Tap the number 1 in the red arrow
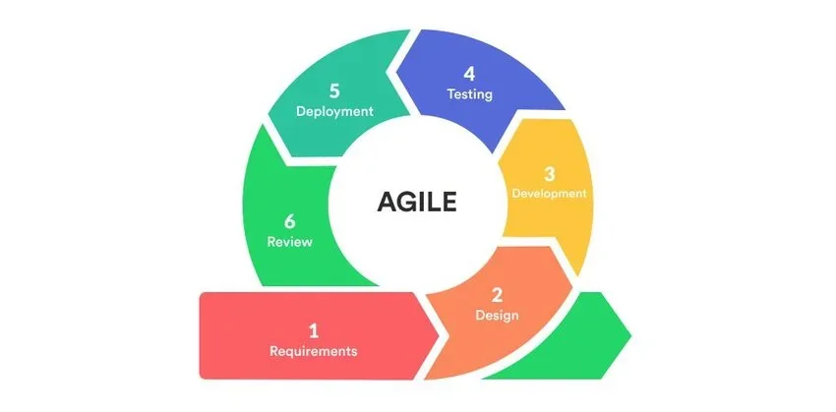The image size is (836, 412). [314, 330]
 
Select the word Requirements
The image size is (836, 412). [314, 351]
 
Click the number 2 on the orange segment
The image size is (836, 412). [497, 294]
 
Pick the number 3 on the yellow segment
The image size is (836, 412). [550, 172]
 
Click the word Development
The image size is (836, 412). [550, 194]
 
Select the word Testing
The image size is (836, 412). [468, 95]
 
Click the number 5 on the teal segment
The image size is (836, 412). [334, 89]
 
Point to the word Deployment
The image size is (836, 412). [334, 111]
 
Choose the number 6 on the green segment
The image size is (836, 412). [289, 220]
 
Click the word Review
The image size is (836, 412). [289, 242]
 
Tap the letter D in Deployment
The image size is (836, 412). [301, 111]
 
